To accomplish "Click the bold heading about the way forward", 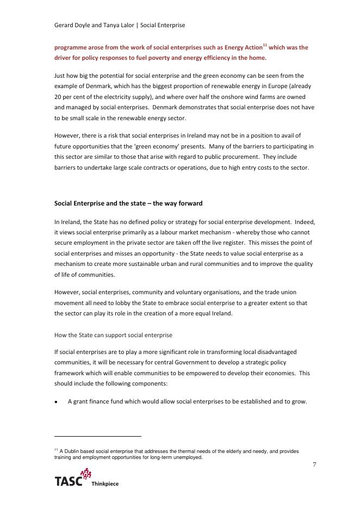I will point(128,203).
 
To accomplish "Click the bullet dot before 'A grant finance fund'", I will point(57,402).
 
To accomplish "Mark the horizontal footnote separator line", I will point(98,436).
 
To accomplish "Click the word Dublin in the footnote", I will point(72,451).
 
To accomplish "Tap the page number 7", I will point(314,464).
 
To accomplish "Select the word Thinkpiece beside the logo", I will point(105,483).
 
